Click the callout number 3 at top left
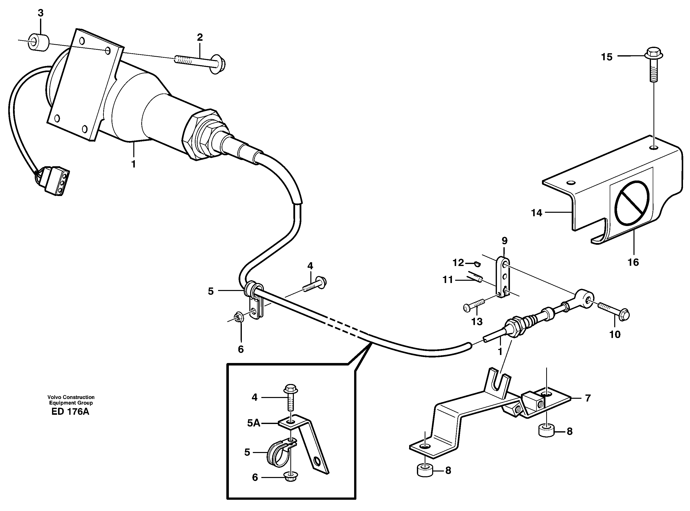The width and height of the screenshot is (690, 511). point(41,13)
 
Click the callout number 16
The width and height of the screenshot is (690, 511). point(633,262)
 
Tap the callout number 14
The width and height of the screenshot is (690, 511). point(537,213)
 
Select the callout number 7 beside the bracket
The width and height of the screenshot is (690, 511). point(588,398)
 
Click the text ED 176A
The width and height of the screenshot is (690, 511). point(71,412)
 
